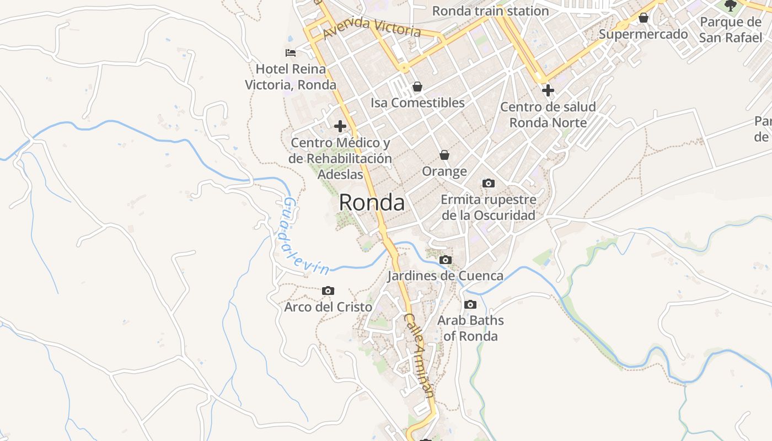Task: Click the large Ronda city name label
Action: [372, 202]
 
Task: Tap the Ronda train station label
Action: [490, 11]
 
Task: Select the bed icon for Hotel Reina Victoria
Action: [291, 53]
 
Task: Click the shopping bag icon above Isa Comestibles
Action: [417, 87]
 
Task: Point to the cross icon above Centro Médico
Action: [340, 126]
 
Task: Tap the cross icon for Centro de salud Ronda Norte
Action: [548, 90]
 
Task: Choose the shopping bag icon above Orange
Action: [444, 155]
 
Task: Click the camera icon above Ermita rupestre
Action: [488, 183]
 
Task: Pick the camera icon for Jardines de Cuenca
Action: [446, 260]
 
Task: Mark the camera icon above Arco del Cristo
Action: [328, 291]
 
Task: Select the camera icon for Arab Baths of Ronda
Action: [470, 304]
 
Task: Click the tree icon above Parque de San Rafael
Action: [731, 6]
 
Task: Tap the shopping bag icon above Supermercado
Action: [643, 18]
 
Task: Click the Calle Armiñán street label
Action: [420, 355]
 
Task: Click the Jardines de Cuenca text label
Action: [446, 276]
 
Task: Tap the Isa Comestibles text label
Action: [417, 103]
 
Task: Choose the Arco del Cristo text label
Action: [328, 307]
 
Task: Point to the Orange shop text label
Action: [444, 171]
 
